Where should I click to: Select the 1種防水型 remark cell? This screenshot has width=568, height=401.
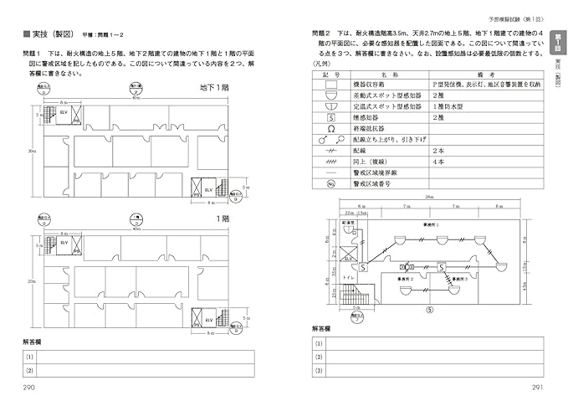[452, 108]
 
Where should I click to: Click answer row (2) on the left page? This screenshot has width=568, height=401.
[138, 369]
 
